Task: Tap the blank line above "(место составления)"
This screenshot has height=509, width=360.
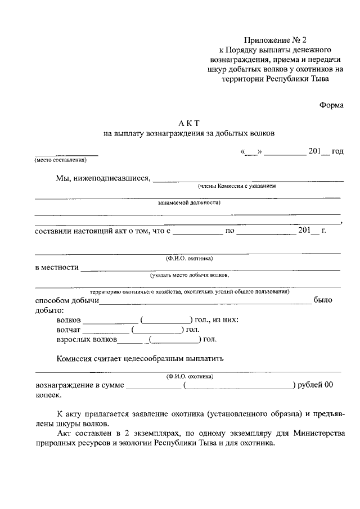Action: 66,154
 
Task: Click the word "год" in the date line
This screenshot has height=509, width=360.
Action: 337,152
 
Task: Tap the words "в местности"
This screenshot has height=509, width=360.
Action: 56,267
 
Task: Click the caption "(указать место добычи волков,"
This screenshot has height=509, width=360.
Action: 189,276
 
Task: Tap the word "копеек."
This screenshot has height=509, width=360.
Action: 47,395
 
